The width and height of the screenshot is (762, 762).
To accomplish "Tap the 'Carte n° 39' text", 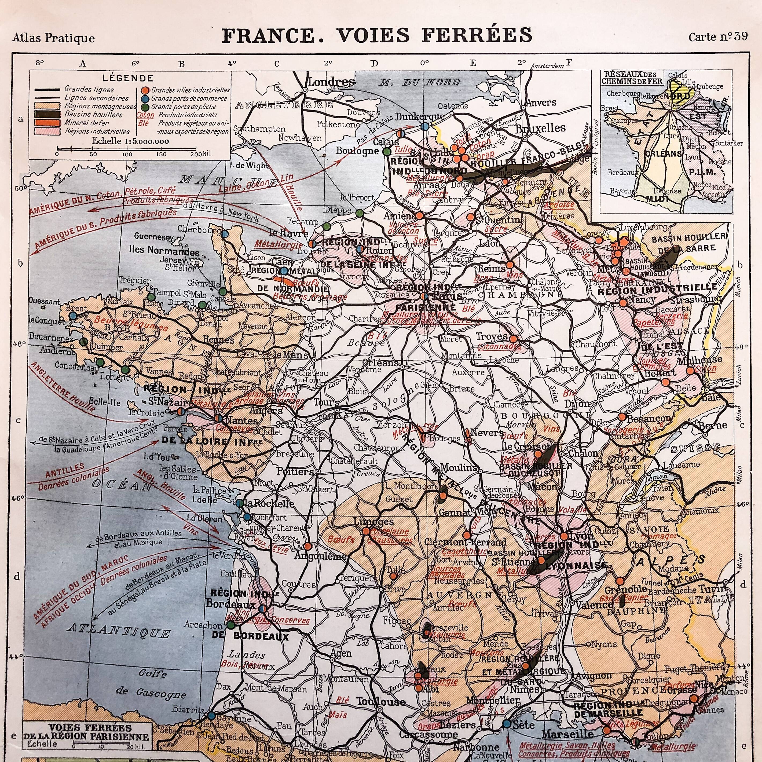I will tap(718, 37).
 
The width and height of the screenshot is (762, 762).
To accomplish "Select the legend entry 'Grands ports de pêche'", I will tap(184, 107).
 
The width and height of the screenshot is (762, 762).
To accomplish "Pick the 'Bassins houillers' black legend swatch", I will tap(46, 114).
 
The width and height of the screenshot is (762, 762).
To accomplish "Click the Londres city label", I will tap(331, 82).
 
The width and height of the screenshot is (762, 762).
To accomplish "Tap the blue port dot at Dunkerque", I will tap(425, 127).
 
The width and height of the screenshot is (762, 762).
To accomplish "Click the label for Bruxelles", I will tap(541, 128).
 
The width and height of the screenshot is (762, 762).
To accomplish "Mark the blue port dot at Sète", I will tap(506, 724).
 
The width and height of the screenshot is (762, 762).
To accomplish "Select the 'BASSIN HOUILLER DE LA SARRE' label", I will tap(688, 242).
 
